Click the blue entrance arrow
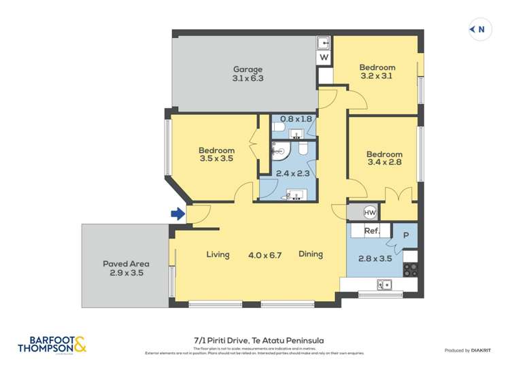pos(177,214)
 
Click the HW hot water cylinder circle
pos(370,212)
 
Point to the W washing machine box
pos(324,58)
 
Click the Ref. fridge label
pos(371,231)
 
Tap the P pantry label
pos(406,235)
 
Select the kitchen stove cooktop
pos(410,269)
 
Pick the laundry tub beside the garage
pos(325,43)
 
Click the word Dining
pos(310,254)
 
